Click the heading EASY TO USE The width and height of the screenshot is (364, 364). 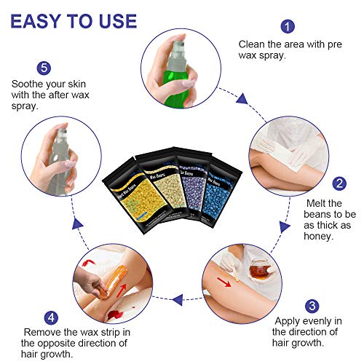[x=74, y=21]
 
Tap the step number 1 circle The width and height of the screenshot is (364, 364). [x=288, y=26]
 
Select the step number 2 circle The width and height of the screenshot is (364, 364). [x=339, y=183]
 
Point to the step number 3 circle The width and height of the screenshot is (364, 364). [x=312, y=306]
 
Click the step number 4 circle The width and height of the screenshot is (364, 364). [x=51, y=317]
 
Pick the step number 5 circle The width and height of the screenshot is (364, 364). [x=44, y=68]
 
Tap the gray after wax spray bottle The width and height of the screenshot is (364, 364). [x=59, y=162]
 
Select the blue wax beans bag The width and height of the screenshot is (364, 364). [x=220, y=191]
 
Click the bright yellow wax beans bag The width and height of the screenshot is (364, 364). [x=133, y=197]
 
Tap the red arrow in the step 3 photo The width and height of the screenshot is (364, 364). [x=223, y=282]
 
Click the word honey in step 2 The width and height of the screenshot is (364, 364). [x=318, y=237]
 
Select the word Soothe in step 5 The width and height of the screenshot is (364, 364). [x=26, y=84]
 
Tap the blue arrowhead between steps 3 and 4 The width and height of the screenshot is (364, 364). [x=178, y=300]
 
